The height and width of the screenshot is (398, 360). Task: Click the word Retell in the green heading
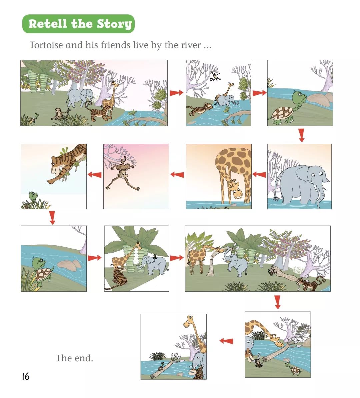tap(48, 24)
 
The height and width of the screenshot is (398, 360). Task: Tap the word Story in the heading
tap(114, 24)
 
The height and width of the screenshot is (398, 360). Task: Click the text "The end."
tap(74, 358)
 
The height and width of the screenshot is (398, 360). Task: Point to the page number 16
tap(26, 376)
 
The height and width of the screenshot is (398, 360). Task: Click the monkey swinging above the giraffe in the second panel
tap(215, 76)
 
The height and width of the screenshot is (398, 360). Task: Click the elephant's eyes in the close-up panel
tap(317, 175)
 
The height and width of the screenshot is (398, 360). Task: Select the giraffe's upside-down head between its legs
tap(236, 189)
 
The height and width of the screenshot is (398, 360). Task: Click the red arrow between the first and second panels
tap(176, 93)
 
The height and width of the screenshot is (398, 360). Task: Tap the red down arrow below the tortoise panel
tap(301, 135)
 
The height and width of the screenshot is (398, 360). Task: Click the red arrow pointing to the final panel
tap(226, 341)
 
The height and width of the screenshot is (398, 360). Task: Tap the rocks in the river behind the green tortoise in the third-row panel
tap(69, 264)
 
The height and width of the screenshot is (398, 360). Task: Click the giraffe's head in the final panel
tap(189, 321)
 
